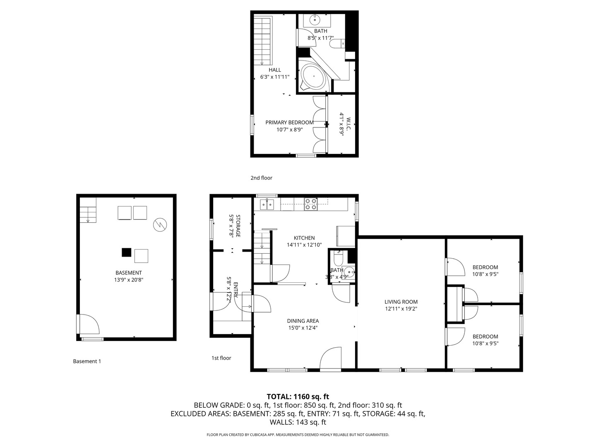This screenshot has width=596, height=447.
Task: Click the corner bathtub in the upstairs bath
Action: coord(313,77)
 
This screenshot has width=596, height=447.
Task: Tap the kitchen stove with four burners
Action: coord(311,204)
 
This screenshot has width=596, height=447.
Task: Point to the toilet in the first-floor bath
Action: coord(338,260)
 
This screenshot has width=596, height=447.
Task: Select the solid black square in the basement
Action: coord(126,252)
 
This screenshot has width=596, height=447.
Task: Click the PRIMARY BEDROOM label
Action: coord(289,123)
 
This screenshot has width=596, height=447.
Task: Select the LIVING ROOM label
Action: coord(401,302)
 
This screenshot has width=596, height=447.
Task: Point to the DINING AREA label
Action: coord(303,321)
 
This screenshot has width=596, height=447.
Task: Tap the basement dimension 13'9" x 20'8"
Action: coord(129,280)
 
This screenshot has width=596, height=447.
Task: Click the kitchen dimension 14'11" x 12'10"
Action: coord(304,245)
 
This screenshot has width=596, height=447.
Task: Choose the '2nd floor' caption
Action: coord(261,178)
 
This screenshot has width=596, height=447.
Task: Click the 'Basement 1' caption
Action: coord(87,361)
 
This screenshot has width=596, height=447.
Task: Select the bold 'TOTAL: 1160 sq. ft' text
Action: coord(298,397)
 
